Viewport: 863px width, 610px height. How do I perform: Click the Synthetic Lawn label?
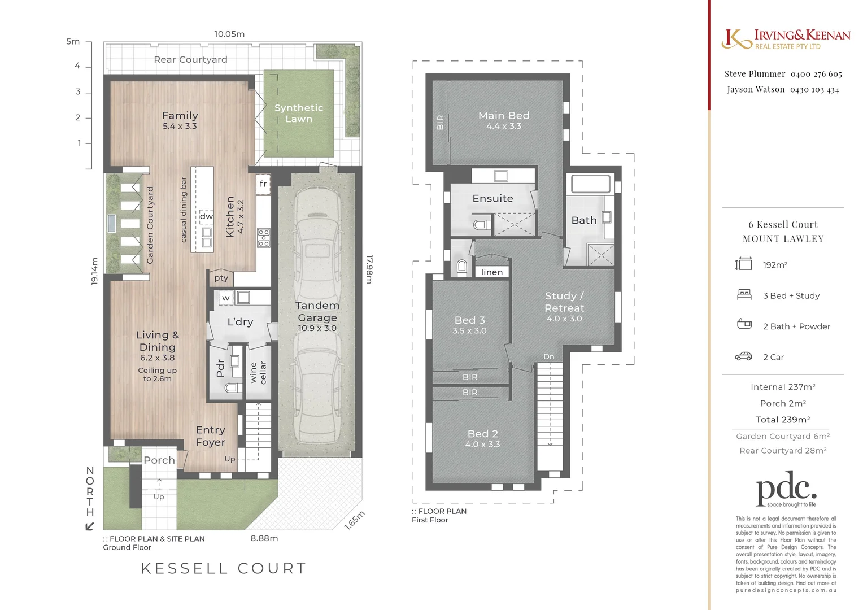298,113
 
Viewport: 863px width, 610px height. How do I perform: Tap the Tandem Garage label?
317,312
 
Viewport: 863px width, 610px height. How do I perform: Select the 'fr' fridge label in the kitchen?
263,184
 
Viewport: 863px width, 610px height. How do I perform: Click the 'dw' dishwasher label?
206,216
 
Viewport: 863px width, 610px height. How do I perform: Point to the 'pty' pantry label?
221,278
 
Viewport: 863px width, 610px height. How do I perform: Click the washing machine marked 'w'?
226,298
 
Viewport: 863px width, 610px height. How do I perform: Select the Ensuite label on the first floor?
492,198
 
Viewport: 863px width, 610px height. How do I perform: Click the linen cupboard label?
491,272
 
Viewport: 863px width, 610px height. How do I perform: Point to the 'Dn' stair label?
548,356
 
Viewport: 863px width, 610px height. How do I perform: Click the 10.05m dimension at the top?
229,34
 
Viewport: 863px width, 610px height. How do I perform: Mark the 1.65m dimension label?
355,520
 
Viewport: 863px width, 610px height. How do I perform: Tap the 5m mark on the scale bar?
73,41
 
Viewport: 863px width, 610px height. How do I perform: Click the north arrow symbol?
90,526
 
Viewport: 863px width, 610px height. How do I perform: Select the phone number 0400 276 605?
816,74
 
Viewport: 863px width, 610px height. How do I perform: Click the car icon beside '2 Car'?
743,356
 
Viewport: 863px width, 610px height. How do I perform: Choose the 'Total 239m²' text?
783,420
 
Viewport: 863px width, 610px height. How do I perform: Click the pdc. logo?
786,489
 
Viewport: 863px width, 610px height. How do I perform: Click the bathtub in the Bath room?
590,184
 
